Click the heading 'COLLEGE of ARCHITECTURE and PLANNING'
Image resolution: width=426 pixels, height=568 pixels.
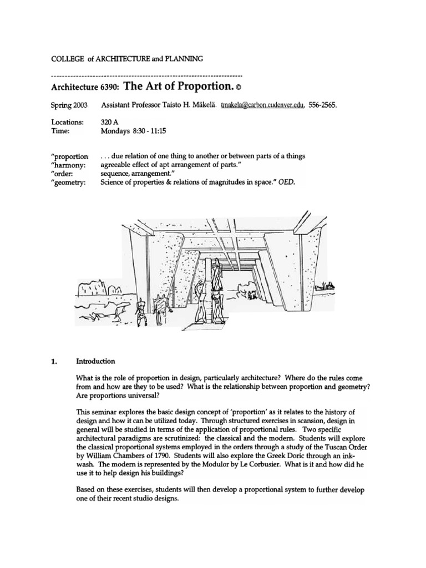[x=126, y=57]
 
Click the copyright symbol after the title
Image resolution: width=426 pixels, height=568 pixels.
[x=239, y=87]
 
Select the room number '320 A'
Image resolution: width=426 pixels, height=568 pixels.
[x=109, y=121]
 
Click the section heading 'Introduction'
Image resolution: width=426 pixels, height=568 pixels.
[x=95, y=361]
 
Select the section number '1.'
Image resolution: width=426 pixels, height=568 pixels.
[x=54, y=361]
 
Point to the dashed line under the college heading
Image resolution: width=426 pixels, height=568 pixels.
[x=146, y=74]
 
